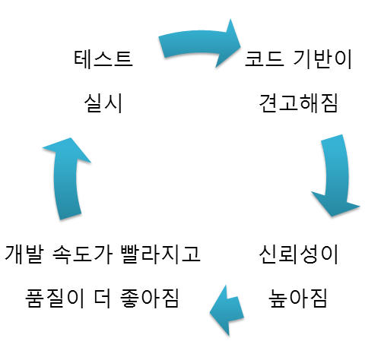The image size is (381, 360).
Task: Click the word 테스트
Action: [x=103, y=58]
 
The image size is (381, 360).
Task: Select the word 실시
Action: [x=103, y=103]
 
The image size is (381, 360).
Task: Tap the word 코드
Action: [x=264, y=59]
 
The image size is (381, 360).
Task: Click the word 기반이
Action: [x=322, y=59]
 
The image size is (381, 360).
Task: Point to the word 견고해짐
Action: [x=298, y=103]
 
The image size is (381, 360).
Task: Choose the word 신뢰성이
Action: [x=298, y=254]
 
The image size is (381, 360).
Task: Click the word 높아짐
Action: [x=298, y=298]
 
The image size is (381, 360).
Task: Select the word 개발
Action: [x=24, y=254]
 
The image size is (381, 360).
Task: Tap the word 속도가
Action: [x=82, y=254]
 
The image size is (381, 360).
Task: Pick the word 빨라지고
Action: [x=160, y=254]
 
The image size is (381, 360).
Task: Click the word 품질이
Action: [x=55, y=298]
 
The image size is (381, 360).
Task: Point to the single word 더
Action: [x=103, y=298]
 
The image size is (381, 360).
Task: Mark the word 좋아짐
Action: [x=150, y=298]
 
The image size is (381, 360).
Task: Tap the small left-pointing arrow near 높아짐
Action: [x=227, y=311]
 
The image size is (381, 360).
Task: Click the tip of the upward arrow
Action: [x=70, y=138]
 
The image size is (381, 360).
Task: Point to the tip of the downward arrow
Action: [x=332, y=216]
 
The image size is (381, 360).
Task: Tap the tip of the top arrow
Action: [x=240, y=46]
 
